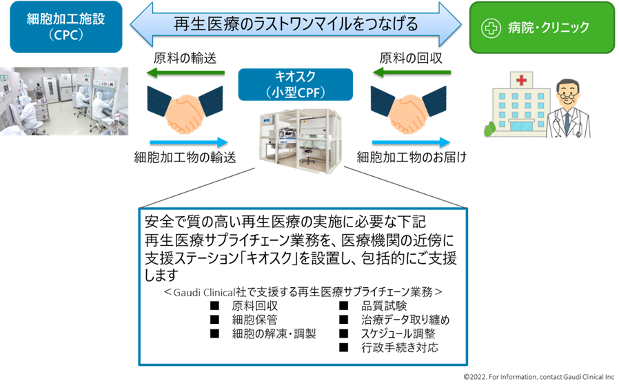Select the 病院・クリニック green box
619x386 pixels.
tap(542, 28)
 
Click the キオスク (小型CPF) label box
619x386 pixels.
tap(294, 84)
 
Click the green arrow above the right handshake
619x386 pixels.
tap(412, 71)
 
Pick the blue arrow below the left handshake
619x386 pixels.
tap(189, 142)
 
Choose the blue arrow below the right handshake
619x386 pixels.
tap(412, 142)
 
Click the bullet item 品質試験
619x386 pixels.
tap(383, 306)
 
